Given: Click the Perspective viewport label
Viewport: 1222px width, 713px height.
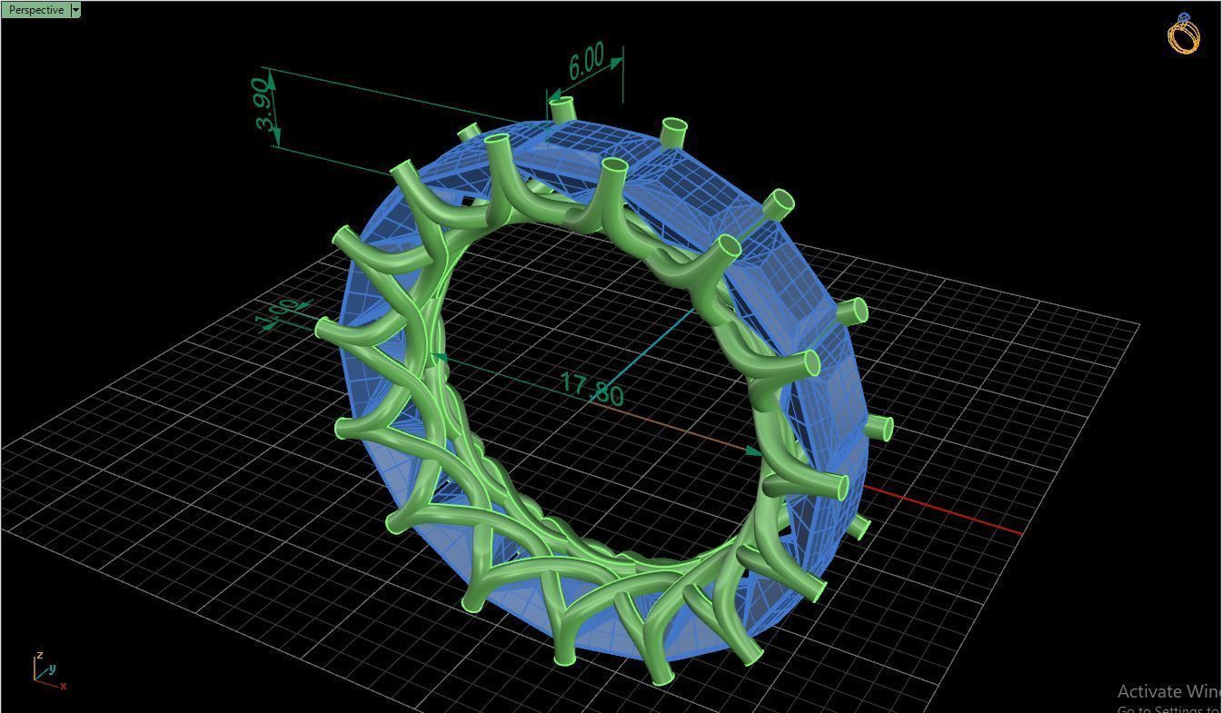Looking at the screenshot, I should pyautogui.click(x=35, y=10).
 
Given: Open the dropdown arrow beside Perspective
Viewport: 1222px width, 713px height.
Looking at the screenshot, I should pyautogui.click(x=75, y=10).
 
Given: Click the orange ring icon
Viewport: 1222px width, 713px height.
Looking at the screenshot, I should pyautogui.click(x=1184, y=35).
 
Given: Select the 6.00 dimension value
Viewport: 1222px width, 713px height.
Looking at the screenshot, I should pyautogui.click(x=586, y=61).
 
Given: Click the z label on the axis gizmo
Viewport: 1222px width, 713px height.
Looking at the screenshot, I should pyautogui.click(x=39, y=655).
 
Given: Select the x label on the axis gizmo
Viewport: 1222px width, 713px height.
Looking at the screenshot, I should pyautogui.click(x=64, y=686).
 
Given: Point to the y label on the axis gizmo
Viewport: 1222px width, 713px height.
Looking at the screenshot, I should pyautogui.click(x=53, y=668).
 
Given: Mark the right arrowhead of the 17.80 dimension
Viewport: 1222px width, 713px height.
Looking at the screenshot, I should pyautogui.click(x=754, y=451).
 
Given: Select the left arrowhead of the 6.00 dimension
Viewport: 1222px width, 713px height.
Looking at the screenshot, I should pyautogui.click(x=552, y=94).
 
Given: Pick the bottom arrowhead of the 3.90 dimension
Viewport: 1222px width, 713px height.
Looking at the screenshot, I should pyautogui.click(x=276, y=139).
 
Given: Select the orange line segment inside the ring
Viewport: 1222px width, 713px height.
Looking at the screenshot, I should pyautogui.click(x=672, y=428).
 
